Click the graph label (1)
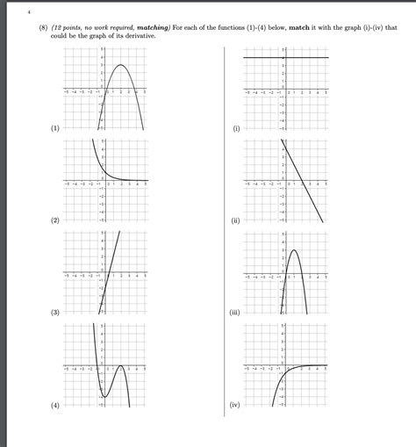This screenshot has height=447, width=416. point(54,128)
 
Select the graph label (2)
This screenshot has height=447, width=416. point(54,220)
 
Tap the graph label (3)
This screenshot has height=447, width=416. point(54,312)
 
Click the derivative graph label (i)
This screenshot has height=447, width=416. point(236,128)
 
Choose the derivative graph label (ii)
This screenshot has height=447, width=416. point(235,220)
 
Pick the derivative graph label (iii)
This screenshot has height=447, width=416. point(234,312)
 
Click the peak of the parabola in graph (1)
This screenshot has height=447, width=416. point(123,66)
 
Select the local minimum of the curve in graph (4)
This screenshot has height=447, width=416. point(104,397)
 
